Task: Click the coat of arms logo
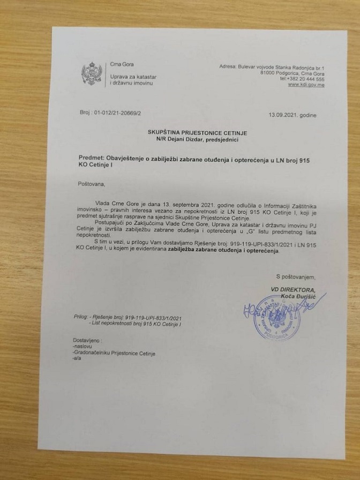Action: point(91,74)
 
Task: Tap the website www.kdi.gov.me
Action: point(306,85)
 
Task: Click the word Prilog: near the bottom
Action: point(82,317)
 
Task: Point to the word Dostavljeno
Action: point(86,340)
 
